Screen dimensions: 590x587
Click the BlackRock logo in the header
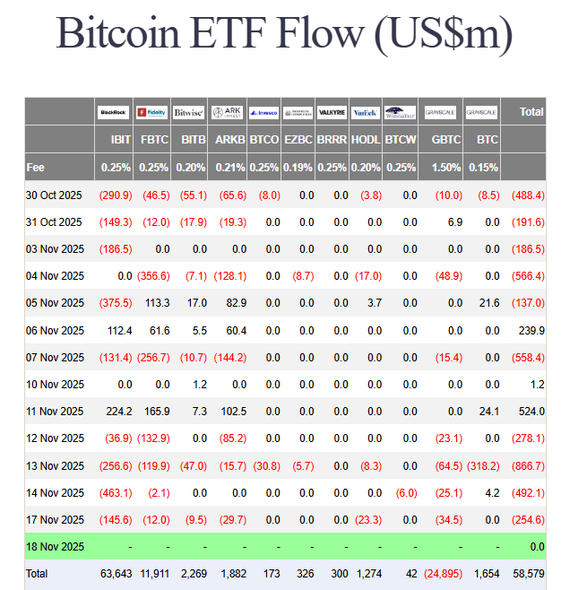click(x=114, y=112)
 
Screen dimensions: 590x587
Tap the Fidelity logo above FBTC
click(x=152, y=112)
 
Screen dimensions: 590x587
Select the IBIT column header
click(x=119, y=140)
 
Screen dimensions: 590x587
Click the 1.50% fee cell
click(x=447, y=168)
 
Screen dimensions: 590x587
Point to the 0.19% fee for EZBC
click(x=298, y=168)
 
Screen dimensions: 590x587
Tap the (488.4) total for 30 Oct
click(x=528, y=195)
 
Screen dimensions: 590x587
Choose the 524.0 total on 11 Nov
click(x=531, y=412)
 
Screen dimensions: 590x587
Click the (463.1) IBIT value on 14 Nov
click(x=116, y=493)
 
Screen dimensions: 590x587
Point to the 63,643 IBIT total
click(x=117, y=574)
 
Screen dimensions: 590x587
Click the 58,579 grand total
click(x=529, y=574)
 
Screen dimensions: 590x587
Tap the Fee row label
click(x=36, y=168)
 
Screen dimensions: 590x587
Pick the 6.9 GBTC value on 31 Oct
click(x=455, y=221)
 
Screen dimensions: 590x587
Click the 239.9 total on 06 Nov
click(x=531, y=330)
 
